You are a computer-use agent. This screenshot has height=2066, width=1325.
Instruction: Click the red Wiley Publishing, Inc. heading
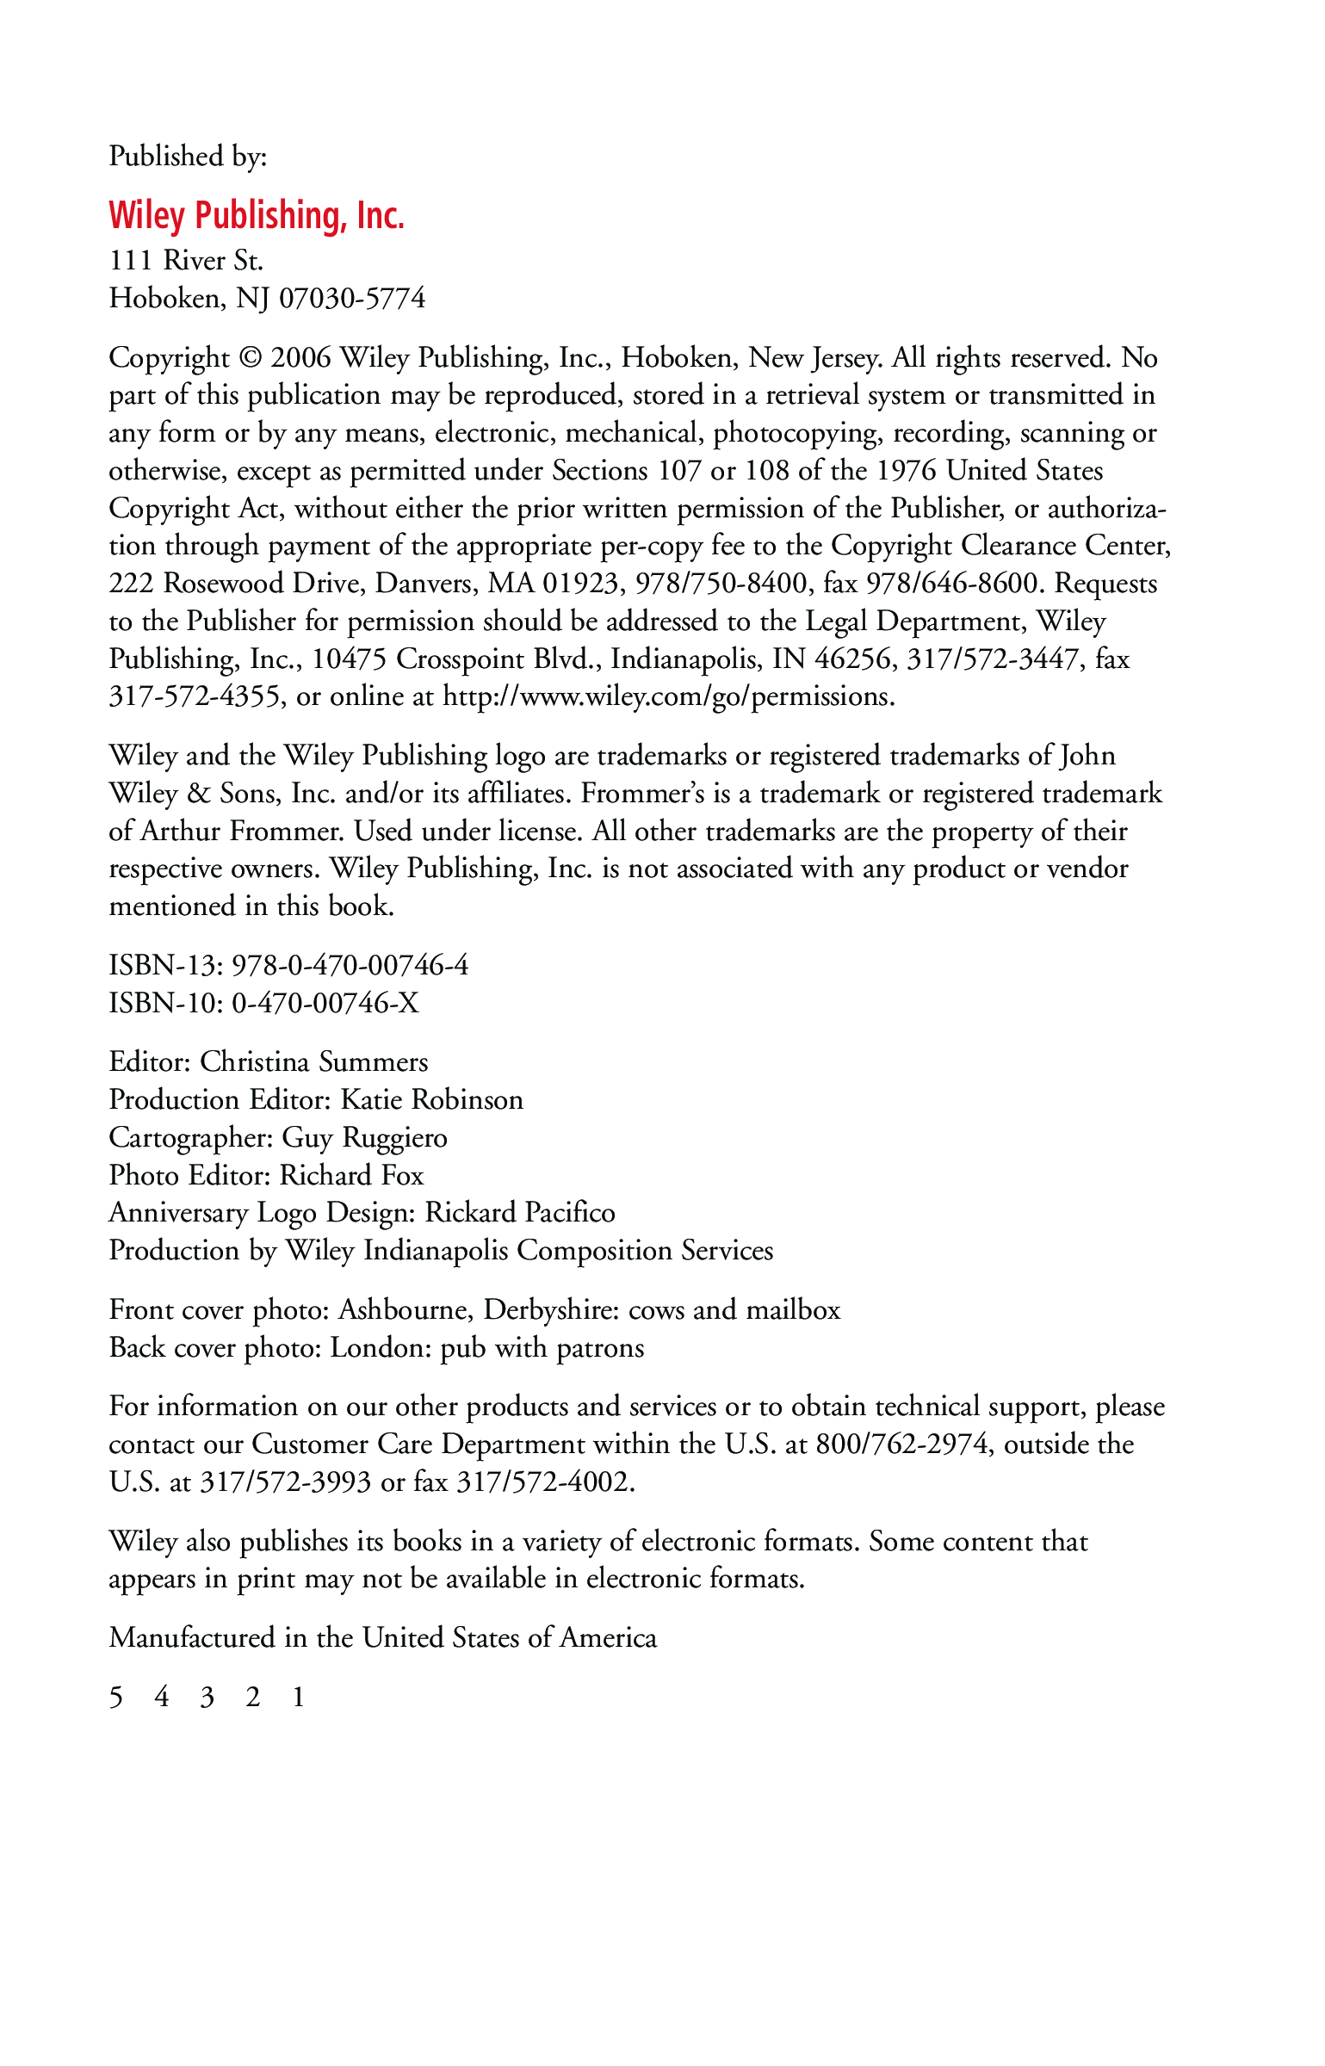point(257,215)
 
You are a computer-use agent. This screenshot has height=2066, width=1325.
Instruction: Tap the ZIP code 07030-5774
point(352,299)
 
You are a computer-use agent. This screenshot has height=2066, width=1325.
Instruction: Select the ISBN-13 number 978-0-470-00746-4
point(350,965)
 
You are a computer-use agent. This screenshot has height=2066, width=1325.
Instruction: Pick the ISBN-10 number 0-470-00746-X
point(325,1003)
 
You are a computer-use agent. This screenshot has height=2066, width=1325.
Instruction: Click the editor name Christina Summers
point(314,1062)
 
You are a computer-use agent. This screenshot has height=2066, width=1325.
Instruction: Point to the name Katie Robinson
point(432,1100)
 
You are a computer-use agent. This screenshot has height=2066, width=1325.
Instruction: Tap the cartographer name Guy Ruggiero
point(365,1138)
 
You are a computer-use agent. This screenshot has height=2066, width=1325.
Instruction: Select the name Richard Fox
point(352,1176)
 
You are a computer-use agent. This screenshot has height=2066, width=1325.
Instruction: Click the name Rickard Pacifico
point(520,1213)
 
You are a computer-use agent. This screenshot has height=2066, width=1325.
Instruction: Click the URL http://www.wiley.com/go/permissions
point(668,696)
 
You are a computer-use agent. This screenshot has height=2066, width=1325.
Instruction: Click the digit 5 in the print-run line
point(116,1697)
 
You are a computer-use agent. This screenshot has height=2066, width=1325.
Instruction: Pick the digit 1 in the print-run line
point(298,1697)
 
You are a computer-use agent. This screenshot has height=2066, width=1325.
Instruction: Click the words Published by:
point(188,157)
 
